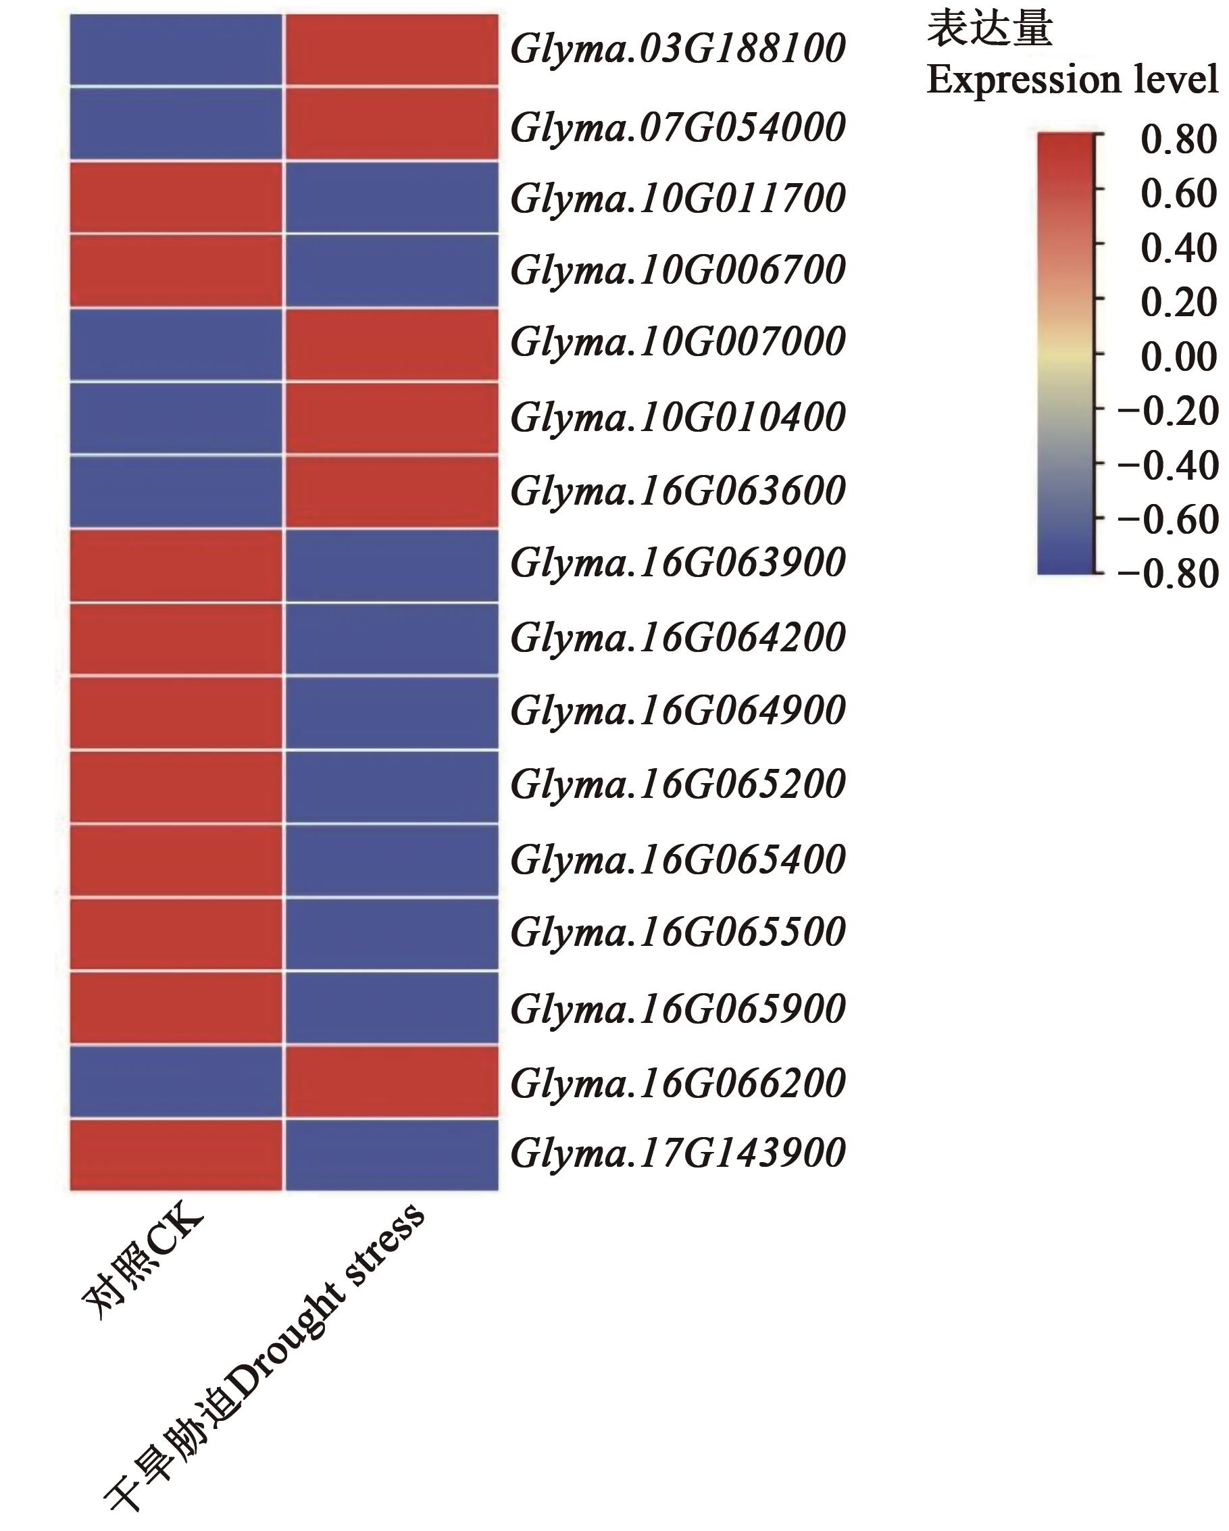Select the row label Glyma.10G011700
pos(677,198)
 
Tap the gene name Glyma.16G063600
pos(677,491)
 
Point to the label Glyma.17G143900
pos(677,1152)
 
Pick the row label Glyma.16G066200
pos(677,1082)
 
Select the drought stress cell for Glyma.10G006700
pos(391,270)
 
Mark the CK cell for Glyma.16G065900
pos(176,1007)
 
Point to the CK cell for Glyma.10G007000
pos(176,345)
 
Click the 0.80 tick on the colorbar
pos(1178,139)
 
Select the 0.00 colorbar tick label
pos(1178,357)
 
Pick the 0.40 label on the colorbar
pos(1178,248)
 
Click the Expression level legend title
pos(1072,80)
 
